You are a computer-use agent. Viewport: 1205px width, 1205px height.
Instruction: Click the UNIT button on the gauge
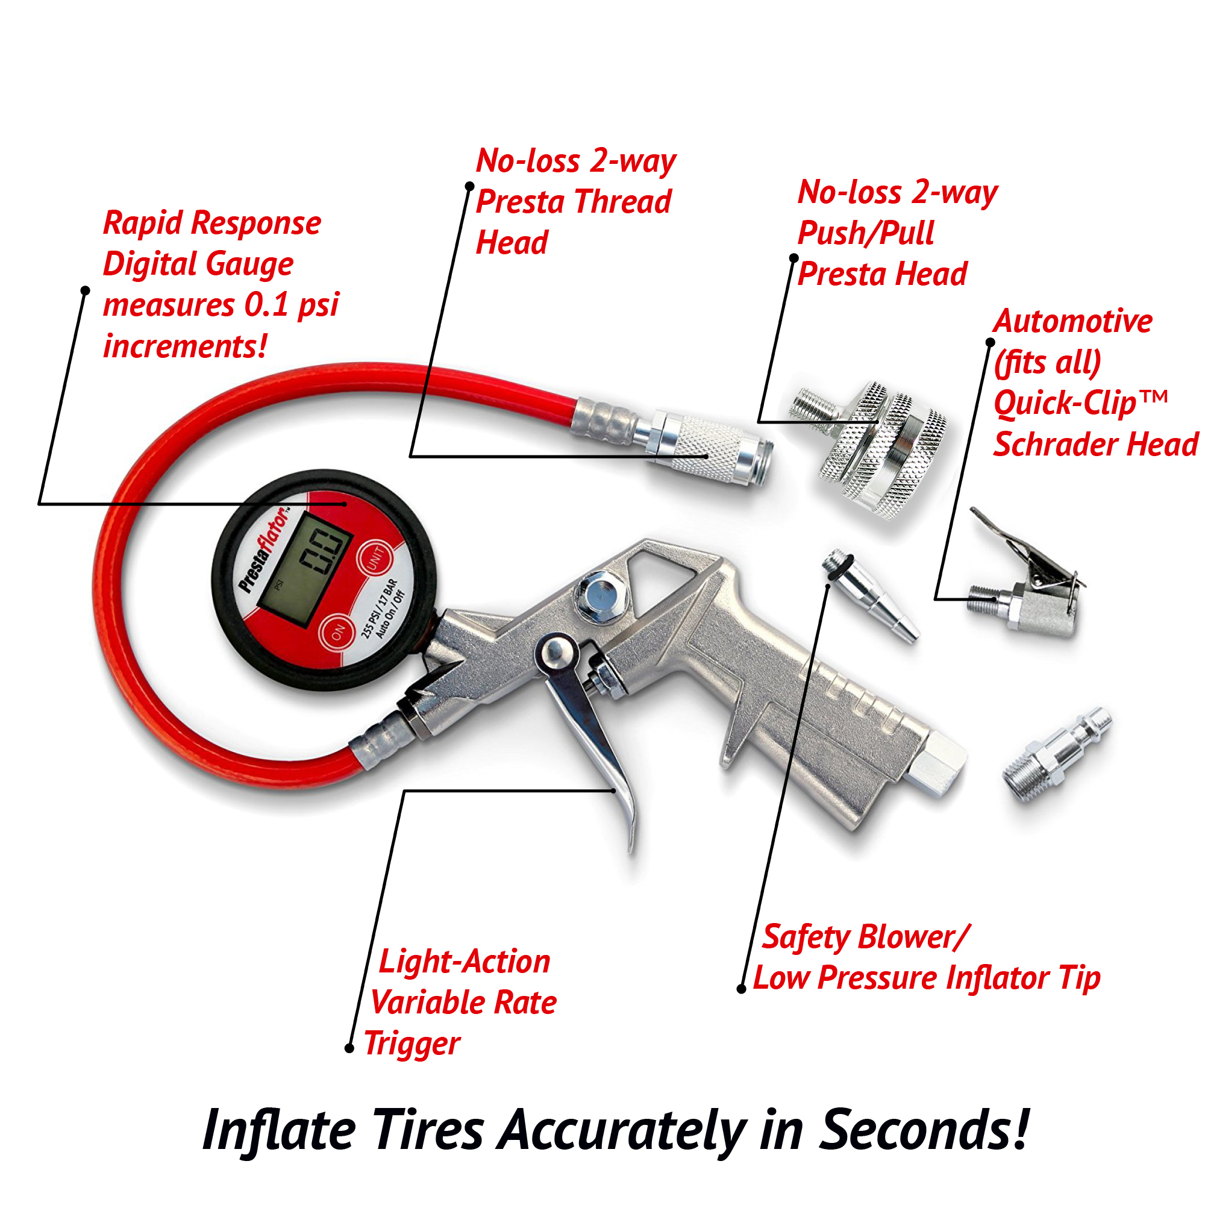(376, 557)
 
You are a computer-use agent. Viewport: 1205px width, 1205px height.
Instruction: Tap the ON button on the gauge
(338, 633)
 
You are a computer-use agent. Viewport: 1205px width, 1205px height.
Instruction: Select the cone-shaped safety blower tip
(869, 595)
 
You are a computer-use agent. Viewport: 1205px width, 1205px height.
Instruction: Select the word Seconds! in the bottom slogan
(924, 1130)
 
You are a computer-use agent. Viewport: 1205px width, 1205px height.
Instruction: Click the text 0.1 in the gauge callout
(266, 304)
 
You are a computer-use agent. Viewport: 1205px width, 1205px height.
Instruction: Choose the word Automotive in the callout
(1073, 321)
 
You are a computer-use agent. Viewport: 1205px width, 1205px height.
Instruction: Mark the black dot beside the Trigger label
(349, 1048)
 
